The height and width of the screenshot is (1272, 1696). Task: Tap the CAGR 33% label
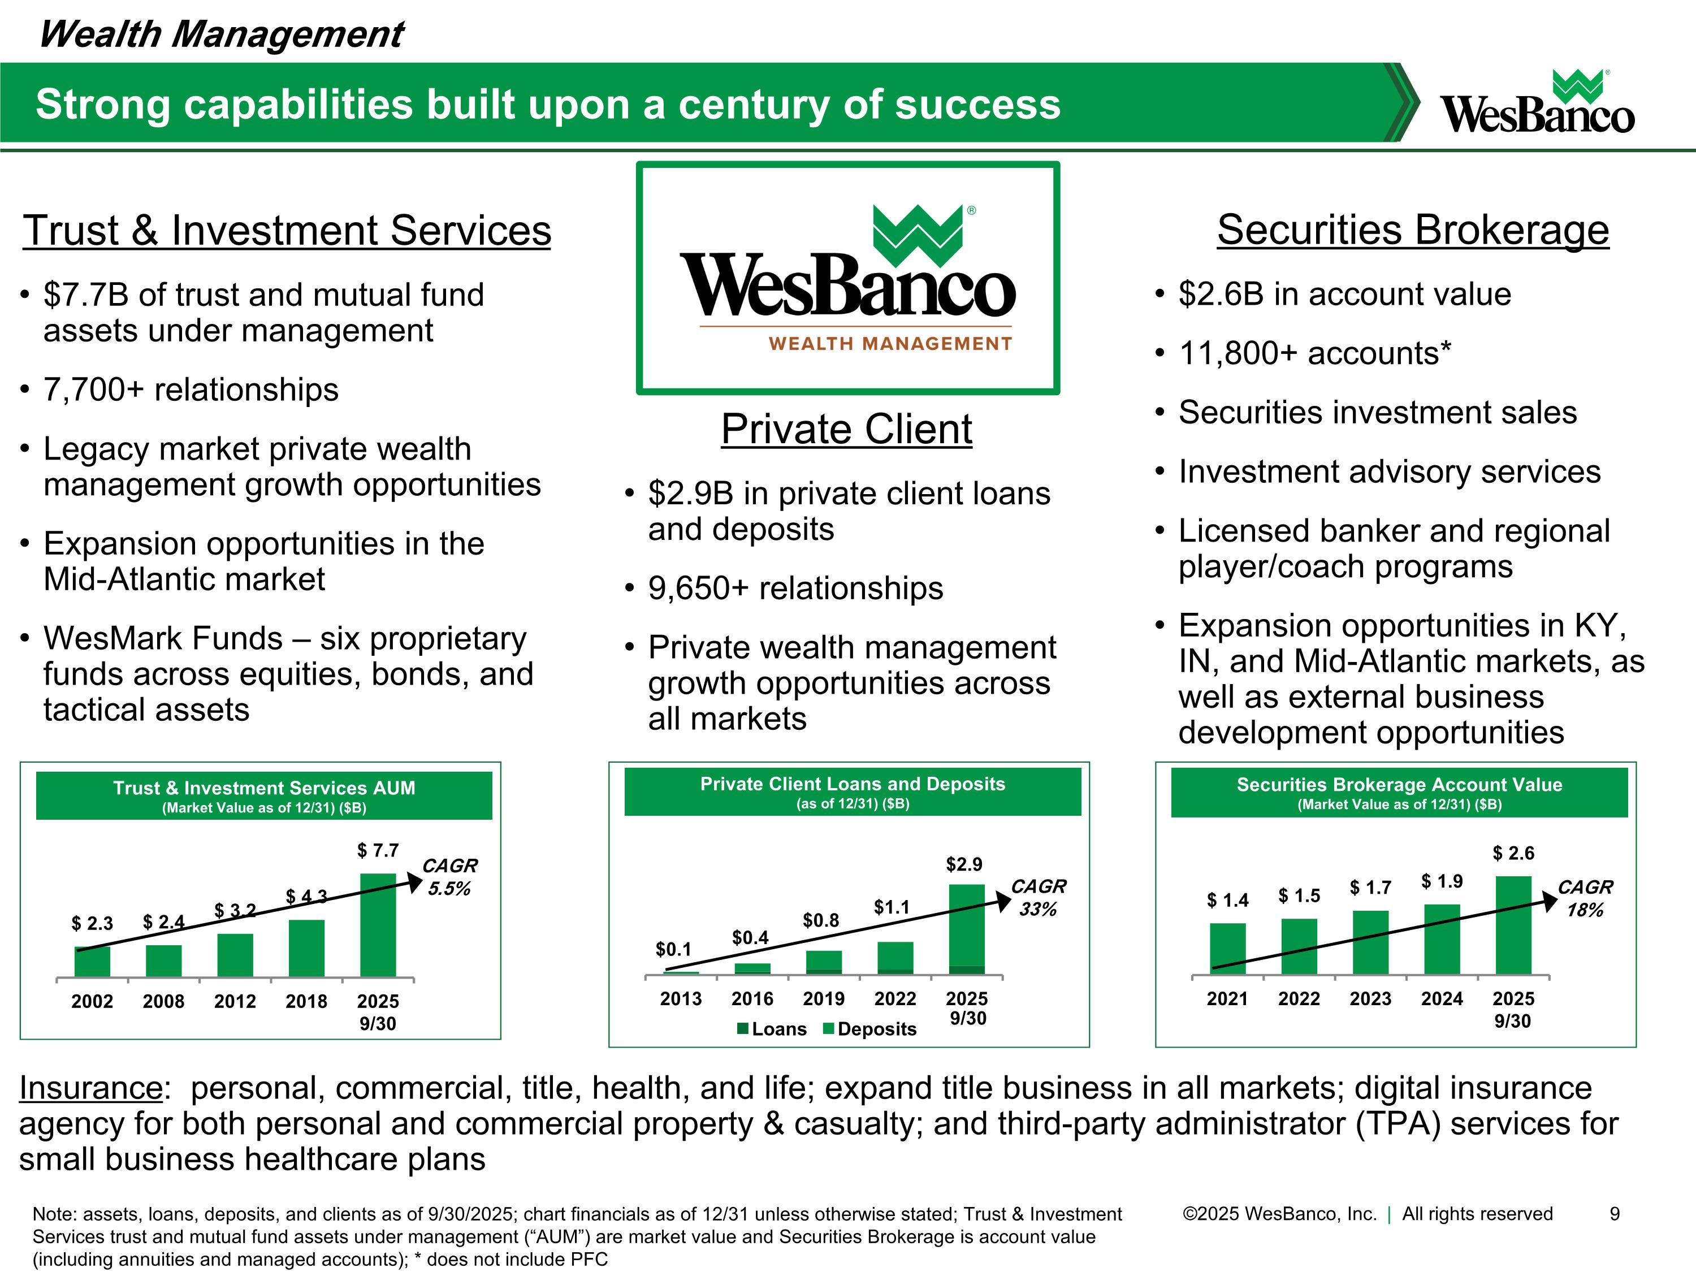(x=1038, y=898)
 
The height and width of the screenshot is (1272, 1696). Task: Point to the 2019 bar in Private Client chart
(x=824, y=962)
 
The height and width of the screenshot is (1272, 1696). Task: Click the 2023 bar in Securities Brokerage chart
(x=1370, y=943)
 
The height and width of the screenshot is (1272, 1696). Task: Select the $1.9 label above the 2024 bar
(x=1442, y=882)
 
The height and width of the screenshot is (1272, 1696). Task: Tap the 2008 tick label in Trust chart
(x=163, y=1001)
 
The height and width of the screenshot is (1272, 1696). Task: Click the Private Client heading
(x=846, y=429)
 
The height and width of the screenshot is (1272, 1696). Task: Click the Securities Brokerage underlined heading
(x=1412, y=230)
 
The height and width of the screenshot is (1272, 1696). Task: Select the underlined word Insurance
(x=90, y=1088)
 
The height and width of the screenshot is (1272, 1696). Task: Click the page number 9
(x=1614, y=1214)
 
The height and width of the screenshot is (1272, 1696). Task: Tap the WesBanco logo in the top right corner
(x=1537, y=103)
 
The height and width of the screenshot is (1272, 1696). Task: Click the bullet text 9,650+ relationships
(x=795, y=588)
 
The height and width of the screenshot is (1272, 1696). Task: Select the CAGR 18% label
(x=1585, y=899)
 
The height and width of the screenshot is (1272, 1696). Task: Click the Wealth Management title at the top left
(x=221, y=34)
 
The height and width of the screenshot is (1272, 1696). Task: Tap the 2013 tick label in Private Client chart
(x=681, y=999)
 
